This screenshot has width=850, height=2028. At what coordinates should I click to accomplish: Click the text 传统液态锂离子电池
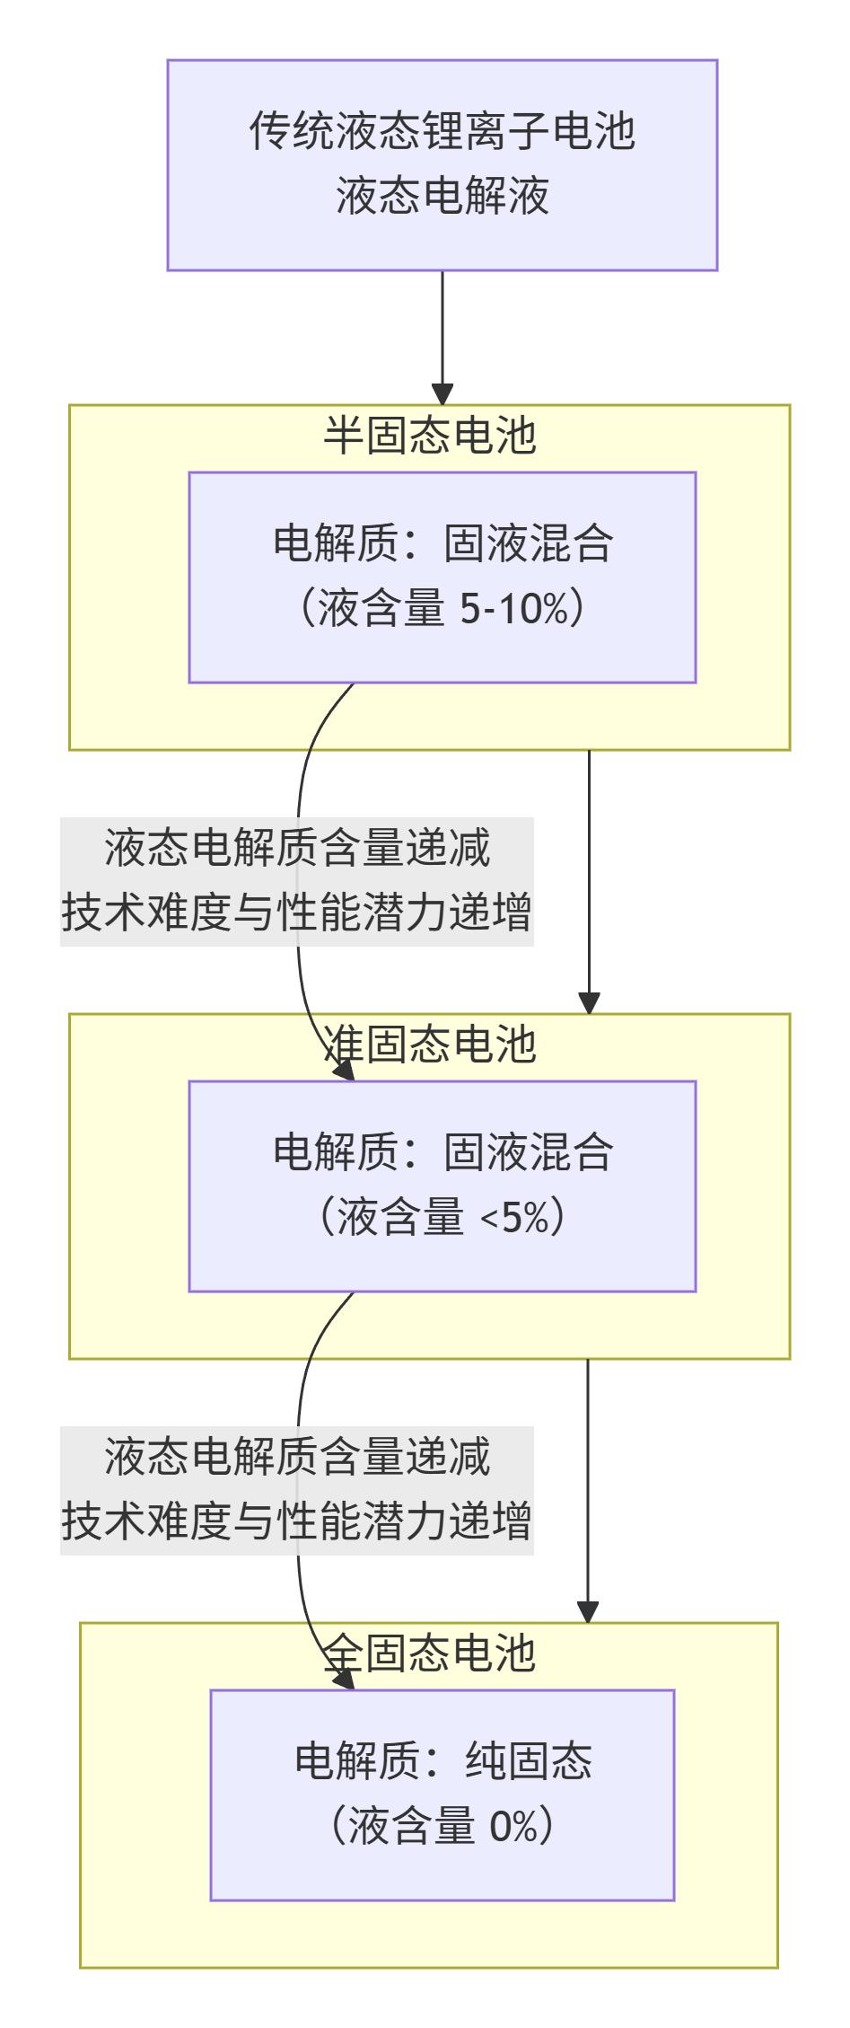coord(442,132)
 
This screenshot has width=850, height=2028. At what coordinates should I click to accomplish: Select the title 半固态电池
coord(429,436)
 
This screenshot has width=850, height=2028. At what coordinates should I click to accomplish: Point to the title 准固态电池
coord(429,1045)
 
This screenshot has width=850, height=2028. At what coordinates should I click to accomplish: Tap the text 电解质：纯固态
coord(442,1762)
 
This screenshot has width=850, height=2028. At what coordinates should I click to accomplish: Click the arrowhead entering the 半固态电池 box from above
coord(442,394)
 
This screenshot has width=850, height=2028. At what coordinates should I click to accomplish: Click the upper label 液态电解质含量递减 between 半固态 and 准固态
coord(297,848)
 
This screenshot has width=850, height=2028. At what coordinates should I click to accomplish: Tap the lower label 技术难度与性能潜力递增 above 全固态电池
coord(297,1521)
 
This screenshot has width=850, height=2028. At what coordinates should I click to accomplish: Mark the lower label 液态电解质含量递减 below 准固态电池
coord(297,1457)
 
